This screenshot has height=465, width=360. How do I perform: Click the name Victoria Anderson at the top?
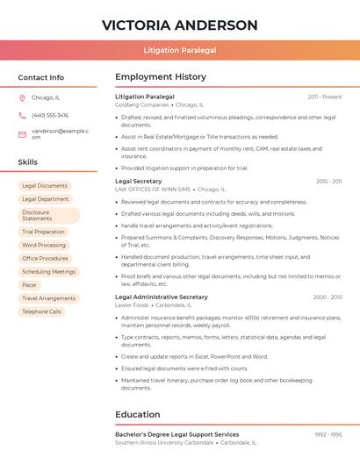click(x=179, y=25)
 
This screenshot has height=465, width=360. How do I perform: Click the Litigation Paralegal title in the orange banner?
click(x=179, y=50)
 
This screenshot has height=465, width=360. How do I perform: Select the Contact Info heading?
click(x=41, y=77)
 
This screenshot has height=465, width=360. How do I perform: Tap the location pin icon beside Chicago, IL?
click(x=22, y=97)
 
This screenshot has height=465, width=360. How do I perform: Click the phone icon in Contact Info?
click(x=22, y=115)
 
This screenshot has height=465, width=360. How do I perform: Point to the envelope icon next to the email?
click(x=22, y=133)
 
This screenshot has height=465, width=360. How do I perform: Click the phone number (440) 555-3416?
click(x=50, y=115)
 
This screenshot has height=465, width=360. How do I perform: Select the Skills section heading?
click(x=28, y=162)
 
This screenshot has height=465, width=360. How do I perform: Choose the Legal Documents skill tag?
click(x=45, y=186)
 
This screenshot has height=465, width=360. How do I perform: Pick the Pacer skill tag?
click(x=30, y=285)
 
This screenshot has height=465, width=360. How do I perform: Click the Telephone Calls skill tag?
click(x=42, y=311)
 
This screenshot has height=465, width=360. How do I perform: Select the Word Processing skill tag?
click(x=44, y=246)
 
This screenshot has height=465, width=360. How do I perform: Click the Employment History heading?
click(x=161, y=77)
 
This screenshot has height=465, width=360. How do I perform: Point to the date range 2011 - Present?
click(x=325, y=97)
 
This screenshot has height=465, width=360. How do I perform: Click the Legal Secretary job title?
click(x=139, y=181)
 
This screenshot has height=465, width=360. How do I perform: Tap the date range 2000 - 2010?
click(x=328, y=297)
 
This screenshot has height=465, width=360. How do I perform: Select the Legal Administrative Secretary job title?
click(x=162, y=297)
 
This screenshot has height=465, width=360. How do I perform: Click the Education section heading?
click(x=138, y=414)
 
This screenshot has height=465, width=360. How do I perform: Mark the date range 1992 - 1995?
click(x=328, y=434)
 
